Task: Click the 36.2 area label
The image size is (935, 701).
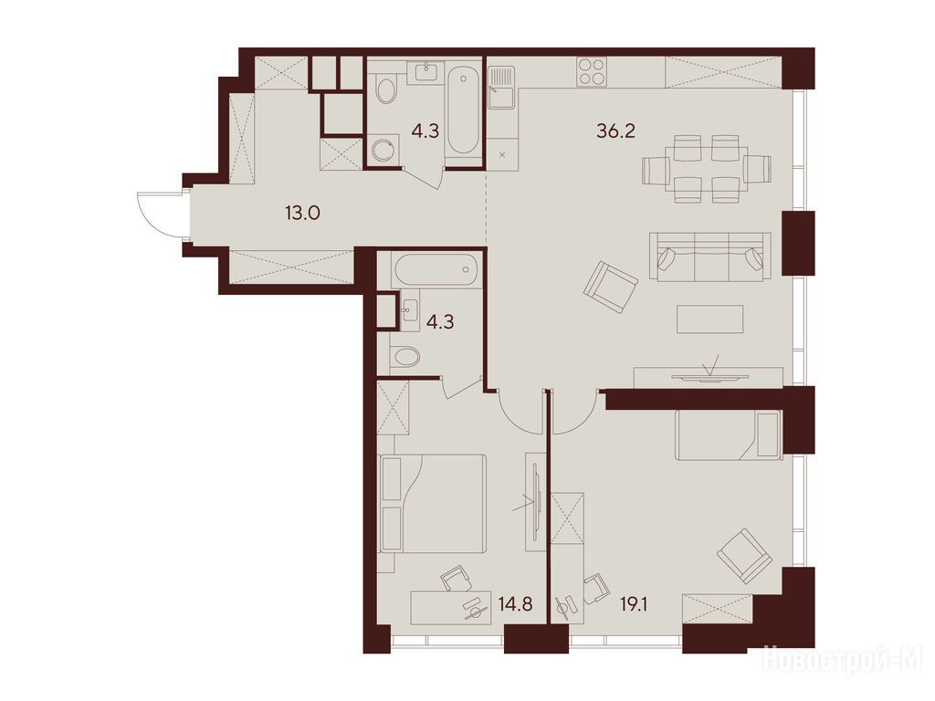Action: (616, 130)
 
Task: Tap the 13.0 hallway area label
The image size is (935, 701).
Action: (303, 212)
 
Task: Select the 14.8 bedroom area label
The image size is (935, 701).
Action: (515, 605)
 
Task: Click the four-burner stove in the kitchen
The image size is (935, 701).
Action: (592, 71)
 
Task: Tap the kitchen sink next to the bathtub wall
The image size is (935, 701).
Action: (501, 87)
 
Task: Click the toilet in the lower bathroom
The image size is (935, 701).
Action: (404, 357)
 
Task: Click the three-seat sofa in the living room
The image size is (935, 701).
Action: (709, 257)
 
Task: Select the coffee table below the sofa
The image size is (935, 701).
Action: (709, 319)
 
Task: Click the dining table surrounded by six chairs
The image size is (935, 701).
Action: (707, 169)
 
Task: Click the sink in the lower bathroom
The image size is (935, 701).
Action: (410, 308)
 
